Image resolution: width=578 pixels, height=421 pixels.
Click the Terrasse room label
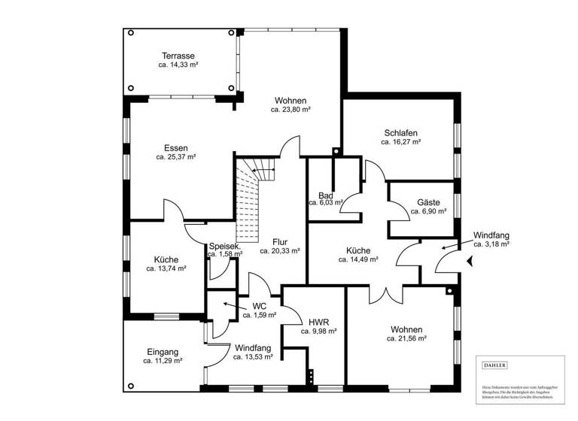[178, 56]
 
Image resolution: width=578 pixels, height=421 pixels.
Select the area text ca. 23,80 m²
[291, 109]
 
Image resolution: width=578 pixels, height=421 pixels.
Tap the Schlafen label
[400, 132]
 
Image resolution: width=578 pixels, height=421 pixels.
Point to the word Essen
[175, 148]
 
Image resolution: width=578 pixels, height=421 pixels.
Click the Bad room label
[325, 195]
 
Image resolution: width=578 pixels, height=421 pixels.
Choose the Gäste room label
[428, 203]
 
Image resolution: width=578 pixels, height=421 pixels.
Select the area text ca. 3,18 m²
[491, 244]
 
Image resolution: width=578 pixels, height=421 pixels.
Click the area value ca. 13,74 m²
[166, 268]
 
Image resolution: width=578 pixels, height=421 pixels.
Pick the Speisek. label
[224, 246]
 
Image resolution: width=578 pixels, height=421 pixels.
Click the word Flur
[280, 242]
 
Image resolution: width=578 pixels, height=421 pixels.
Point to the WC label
[260, 306]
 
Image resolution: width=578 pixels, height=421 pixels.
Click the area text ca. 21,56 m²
[406, 339]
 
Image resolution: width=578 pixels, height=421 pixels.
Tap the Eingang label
[163, 351]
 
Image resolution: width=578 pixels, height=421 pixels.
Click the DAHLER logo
[494, 365]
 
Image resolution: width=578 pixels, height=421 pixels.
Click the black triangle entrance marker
[470, 262]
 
